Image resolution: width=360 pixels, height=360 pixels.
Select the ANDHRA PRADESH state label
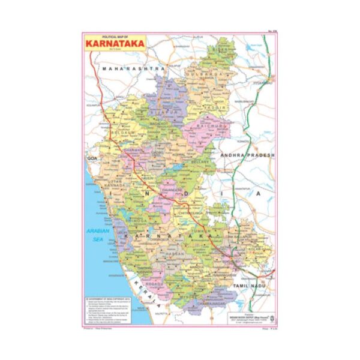point(247,155)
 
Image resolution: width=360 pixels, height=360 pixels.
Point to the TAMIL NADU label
point(257,287)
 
